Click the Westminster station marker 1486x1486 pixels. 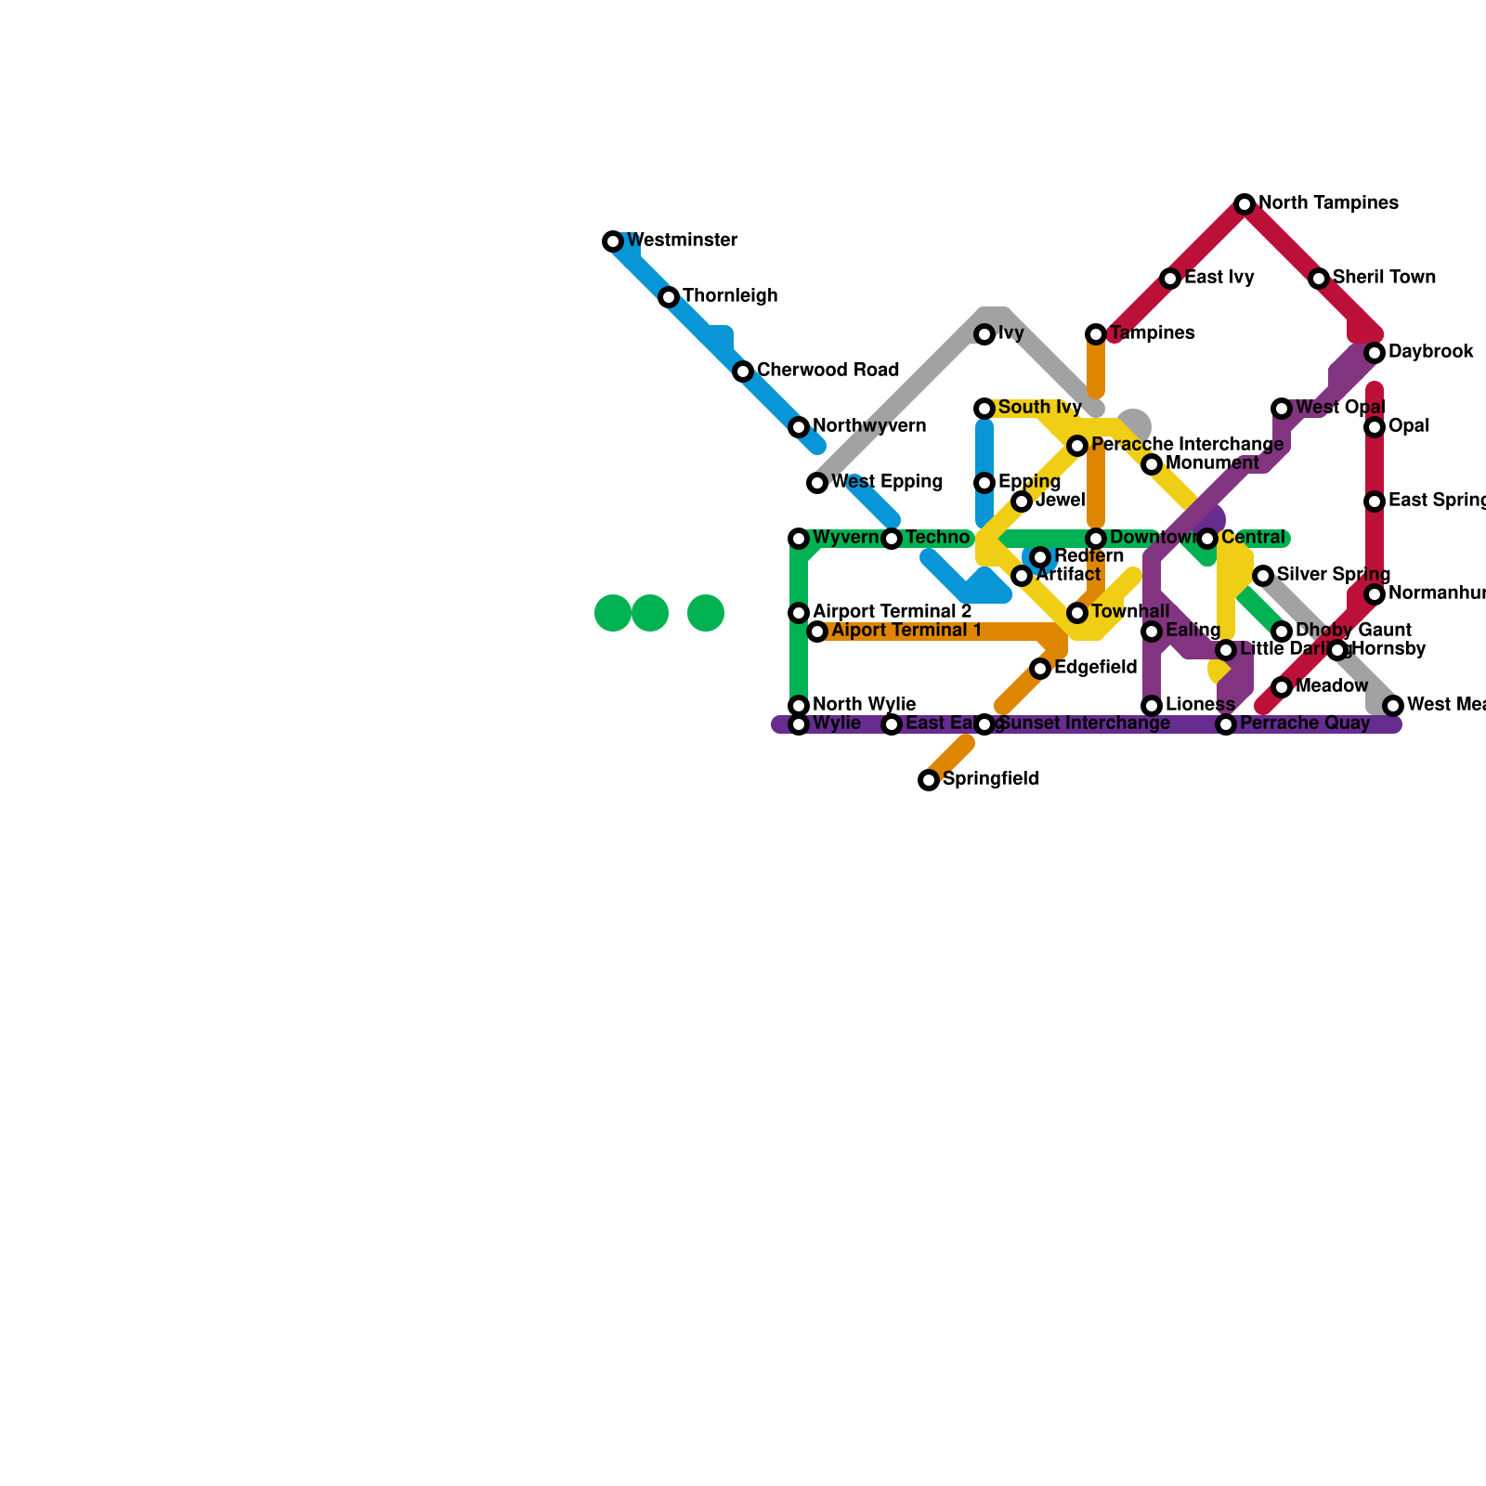tap(613, 241)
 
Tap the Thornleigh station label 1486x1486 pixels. tap(730, 296)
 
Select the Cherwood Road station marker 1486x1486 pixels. tap(743, 371)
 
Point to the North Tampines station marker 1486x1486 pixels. tap(1245, 204)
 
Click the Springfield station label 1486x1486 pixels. tap(990, 779)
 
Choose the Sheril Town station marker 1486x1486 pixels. tap(1319, 279)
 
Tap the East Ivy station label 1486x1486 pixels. tap(1219, 278)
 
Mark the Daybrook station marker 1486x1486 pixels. tap(1375, 353)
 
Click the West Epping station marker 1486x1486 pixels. tap(817, 483)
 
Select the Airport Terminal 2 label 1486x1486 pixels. tap(892, 612)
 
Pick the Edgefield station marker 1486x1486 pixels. tap(1040, 669)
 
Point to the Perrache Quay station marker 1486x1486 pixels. tap(1226, 724)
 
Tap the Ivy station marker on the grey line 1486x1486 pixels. tap(984, 334)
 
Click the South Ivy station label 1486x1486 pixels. tap(1039, 408)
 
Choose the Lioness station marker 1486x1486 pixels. tap(1152, 706)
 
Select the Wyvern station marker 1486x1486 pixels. tap(799, 539)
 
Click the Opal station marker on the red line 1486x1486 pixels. tap(1375, 427)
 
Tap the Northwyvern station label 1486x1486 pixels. tap(868, 426)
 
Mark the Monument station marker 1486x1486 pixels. tap(1152, 464)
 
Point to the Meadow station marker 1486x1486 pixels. tap(1282, 687)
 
